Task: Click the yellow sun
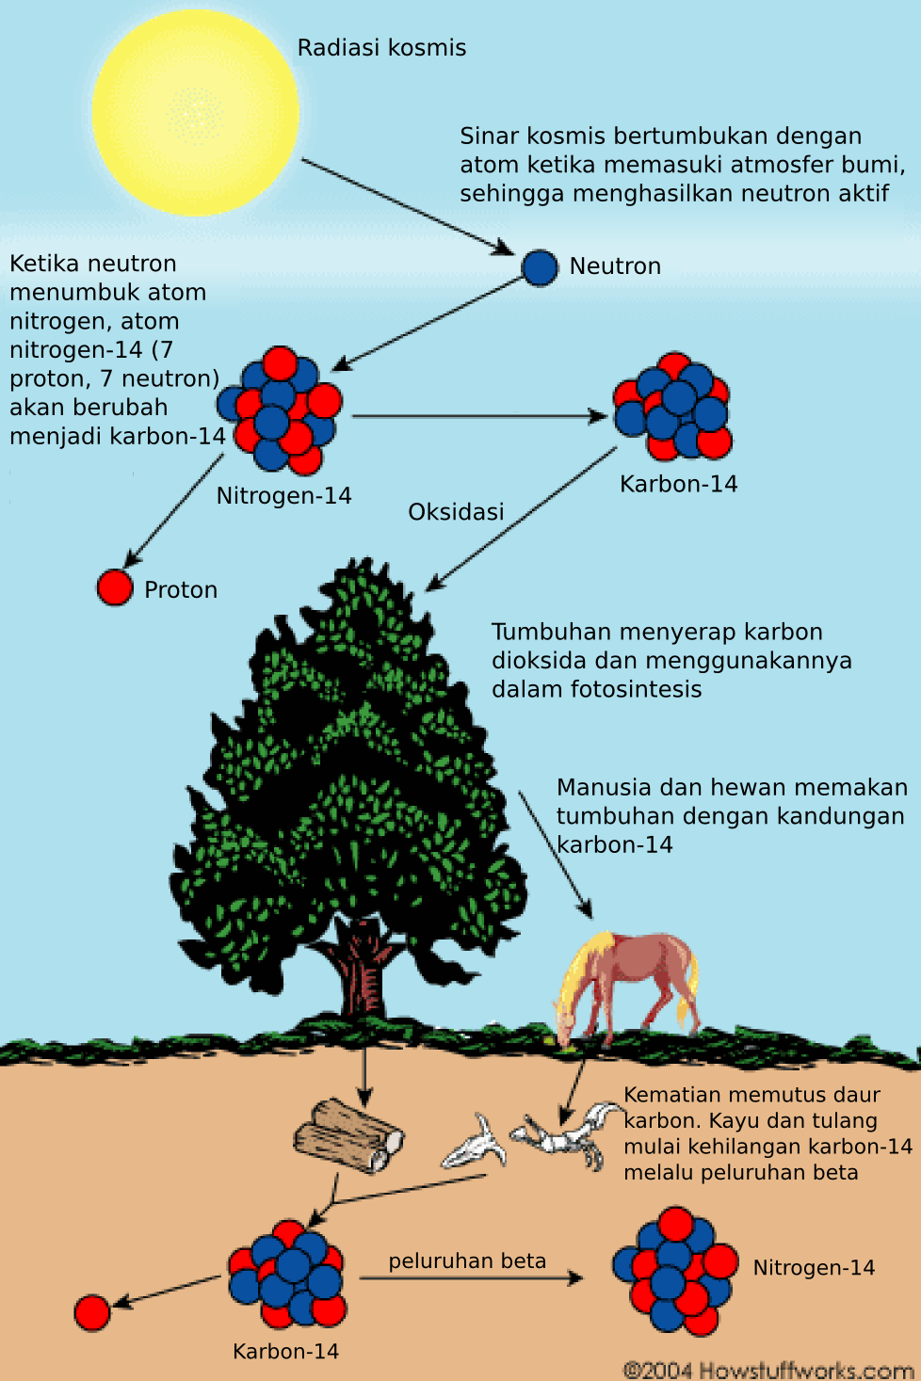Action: pos(196,113)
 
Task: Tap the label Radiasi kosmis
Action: pos(381,48)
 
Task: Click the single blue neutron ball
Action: pos(540,267)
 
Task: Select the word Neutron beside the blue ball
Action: pos(615,266)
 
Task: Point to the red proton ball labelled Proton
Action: pos(115,587)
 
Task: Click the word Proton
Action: pos(181,590)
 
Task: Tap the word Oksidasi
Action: pos(456,512)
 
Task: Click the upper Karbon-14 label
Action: pos(679,484)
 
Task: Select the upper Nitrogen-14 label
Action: pos(283,496)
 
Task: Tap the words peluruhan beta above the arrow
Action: pos(467,1261)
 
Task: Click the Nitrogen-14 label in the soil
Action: pos(814,1267)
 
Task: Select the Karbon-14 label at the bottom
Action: pos(285,1352)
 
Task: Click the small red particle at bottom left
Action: pos(92,1312)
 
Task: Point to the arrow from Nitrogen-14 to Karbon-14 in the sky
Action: pos(480,416)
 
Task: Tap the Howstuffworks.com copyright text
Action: pos(768,1370)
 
